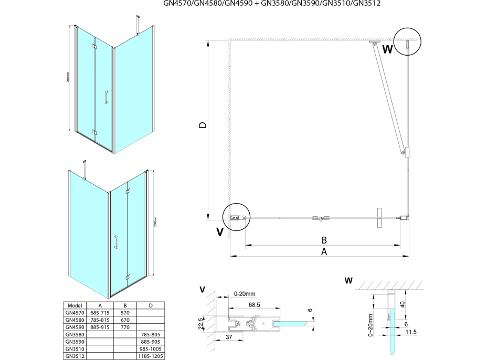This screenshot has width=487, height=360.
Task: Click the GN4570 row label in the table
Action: pos(73,312)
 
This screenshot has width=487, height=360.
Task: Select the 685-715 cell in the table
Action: pos(100,312)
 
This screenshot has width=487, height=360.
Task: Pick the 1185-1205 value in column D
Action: pos(151,356)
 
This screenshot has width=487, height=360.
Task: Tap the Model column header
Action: pos(73,305)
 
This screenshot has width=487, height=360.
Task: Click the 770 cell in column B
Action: pos(125,326)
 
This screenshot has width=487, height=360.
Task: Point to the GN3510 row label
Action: pos(73,348)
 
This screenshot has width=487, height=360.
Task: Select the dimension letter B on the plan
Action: pos(324,240)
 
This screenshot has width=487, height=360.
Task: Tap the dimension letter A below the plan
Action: pos(324,252)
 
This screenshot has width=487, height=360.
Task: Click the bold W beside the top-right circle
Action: pos(387,50)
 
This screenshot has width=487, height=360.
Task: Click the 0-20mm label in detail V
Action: pos(245,293)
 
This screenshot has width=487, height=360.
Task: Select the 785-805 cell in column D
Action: pos(151,334)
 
